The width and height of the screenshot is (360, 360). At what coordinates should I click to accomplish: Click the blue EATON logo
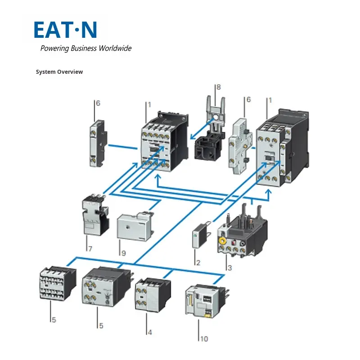(x=65, y=30)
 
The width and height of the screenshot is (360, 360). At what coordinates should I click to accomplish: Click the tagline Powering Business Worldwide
(x=86, y=49)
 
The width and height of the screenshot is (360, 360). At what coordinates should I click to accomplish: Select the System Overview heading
(x=59, y=72)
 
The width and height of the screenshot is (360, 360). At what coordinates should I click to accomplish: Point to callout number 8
(x=219, y=87)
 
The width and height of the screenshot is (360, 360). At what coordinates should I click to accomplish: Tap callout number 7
(x=90, y=248)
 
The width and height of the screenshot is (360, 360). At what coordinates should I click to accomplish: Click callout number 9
(x=123, y=253)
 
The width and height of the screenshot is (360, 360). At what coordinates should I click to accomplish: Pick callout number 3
(x=229, y=268)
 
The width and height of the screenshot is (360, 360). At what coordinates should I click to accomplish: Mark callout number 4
(x=149, y=333)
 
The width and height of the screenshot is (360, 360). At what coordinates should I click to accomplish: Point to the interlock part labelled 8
(x=211, y=135)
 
